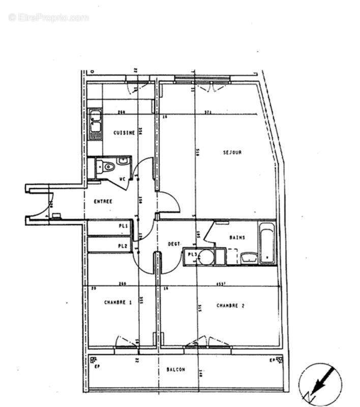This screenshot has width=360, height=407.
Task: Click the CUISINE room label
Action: point(124,133)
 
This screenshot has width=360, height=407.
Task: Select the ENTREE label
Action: point(103,201)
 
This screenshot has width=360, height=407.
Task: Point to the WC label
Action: point(123,179)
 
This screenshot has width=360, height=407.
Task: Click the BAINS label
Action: point(237,237)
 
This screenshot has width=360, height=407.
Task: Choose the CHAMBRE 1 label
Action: point(118,302)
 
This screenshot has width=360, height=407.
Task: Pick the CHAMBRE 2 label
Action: point(231,306)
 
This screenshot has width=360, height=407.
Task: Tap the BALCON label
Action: point(175,370)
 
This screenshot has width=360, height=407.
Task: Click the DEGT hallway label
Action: point(174,244)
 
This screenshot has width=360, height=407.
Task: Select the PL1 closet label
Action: point(123,226)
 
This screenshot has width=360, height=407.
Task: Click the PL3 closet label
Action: point(192,255)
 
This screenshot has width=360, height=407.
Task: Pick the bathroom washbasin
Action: point(249,258)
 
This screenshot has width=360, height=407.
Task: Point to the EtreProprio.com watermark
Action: point(49,18)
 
